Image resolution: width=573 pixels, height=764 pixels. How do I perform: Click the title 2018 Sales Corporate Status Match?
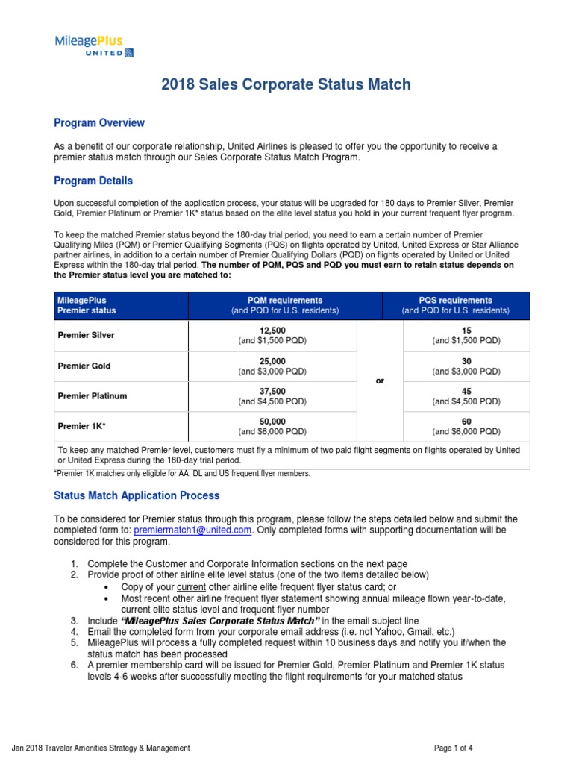(x=286, y=84)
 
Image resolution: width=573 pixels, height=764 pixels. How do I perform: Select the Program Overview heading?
(x=99, y=122)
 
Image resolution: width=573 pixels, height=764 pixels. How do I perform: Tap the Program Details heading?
(x=93, y=181)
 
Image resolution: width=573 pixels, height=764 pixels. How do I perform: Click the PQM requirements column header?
(x=286, y=305)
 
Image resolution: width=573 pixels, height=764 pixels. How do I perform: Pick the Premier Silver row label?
(x=86, y=335)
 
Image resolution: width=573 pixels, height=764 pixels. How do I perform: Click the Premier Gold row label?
(x=84, y=366)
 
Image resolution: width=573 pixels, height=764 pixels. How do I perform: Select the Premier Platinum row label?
(x=92, y=396)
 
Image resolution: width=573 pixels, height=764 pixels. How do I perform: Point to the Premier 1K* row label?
(x=81, y=427)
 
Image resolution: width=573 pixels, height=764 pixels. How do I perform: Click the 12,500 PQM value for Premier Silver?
(x=272, y=330)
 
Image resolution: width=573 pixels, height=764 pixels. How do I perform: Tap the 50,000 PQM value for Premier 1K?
(x=272, y=422)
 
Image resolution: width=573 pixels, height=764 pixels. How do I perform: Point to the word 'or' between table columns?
(x=380, y=381)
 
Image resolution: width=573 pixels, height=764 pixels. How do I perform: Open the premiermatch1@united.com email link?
(x=192, y=530)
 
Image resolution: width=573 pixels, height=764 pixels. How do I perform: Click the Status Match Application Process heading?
(x=137, y=495)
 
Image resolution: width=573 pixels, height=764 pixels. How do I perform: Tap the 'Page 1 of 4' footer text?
(x=460, y=748)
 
